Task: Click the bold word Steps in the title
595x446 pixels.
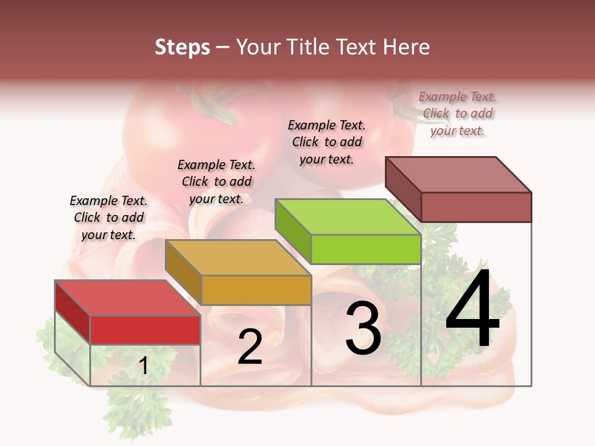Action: pyautogui.click(x=182, y=47)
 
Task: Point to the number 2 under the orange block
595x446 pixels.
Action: pyautogui.click(x=250, y=347)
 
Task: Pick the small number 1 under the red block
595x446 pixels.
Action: pyautogui.click(x=143, y=366)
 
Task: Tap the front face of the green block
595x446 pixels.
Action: pyautogui.click(x=366, y=250)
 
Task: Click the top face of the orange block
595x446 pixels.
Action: pyautogui.click(x=237, y=258)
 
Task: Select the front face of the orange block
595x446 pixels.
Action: pyautogui.click(x=256, y=290)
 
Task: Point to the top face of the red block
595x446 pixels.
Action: pyautogui.click(x=127, y=298)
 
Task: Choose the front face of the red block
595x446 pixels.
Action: pyautogui.click(x=145, y=330)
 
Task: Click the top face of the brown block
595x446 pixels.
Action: pyautogui.click(x=459, y=174)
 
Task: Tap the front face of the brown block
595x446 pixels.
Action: pyautogui.click(x=476, y=207)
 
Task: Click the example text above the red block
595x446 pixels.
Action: pyautogui.click(x=108, y=217)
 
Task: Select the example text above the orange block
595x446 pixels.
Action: pyautogui.click(x=216, y=181)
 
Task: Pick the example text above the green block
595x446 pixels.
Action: pyautogui.click(x=327, y=142)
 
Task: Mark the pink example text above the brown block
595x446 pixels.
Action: pyautogui.click(x=457, y=113)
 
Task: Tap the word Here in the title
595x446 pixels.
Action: pyautogui.click(x=406, y=47)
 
